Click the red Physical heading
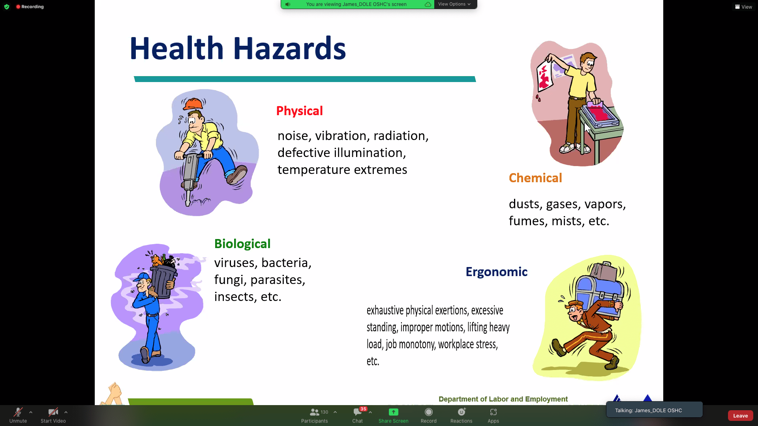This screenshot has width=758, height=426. pos(299,111)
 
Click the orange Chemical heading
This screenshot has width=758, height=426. pos(535,178)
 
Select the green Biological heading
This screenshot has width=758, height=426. pos(242,244)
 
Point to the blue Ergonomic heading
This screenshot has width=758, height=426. pos(496,272)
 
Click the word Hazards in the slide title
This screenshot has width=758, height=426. pos(289,49)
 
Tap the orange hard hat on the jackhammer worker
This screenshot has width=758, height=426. pos(193,104)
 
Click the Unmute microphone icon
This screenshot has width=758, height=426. pos(18,412)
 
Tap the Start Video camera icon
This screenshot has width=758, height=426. pos(53,412)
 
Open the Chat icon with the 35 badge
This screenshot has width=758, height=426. pos(358,412)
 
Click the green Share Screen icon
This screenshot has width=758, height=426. pos(394,412)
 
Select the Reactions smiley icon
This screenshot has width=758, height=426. pos(462,412)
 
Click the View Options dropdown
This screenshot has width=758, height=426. pos(454,4)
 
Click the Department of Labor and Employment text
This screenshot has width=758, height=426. pos(503,399)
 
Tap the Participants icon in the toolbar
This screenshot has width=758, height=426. pos(314,412)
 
